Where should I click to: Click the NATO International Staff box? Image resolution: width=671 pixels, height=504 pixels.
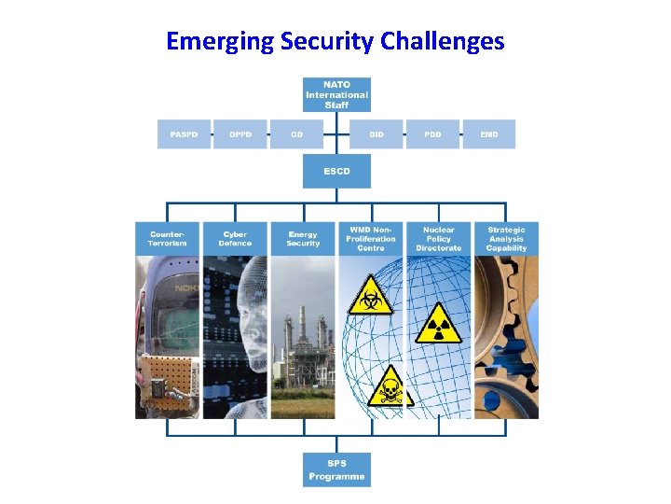coord(336,95)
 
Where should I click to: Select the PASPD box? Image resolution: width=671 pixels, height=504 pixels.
coord(184,134)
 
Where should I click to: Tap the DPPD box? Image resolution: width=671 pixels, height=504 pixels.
coord(240,134)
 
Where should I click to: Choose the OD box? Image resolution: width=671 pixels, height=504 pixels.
coord(296,134)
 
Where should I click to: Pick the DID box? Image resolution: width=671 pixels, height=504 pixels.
coord(376,134)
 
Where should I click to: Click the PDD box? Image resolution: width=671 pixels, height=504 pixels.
coord(432,134)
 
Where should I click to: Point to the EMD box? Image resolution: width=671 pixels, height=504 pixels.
coord(489,134)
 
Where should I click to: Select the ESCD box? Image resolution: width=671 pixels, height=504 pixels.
coord(336,171)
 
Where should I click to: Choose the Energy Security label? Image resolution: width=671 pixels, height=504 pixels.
coord(303,238)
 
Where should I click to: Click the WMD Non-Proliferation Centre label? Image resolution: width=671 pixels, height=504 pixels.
coord(372,238)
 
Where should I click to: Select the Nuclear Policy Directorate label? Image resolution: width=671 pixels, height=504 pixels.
coord(438,238)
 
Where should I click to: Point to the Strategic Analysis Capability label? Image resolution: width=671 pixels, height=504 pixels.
coord(506,238)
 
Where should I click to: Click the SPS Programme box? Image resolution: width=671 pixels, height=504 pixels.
coord(336,469)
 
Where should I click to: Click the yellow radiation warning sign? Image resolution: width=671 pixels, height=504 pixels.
coord(437,322)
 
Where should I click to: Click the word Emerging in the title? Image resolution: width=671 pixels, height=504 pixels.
coord(221,41)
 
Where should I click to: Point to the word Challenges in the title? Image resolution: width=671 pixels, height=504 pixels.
coord(446,41)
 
